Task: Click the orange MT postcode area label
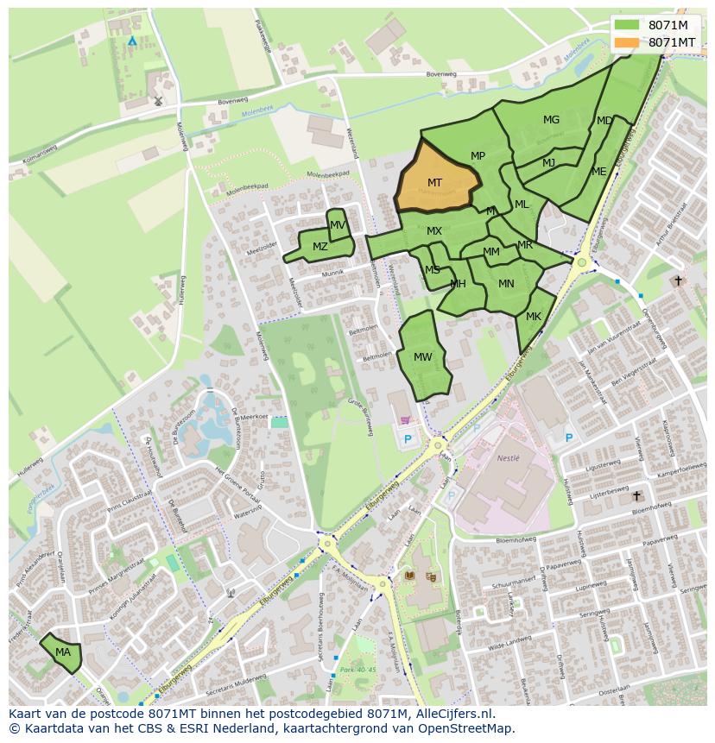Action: point(434,183)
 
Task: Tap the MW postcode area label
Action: point(423,357)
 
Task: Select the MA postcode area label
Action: point(63,652)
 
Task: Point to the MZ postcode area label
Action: point(320,247)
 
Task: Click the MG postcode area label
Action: point(551,120)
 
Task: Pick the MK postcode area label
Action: point(534,317)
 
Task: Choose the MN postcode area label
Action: point(506,283)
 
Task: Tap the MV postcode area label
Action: point(338,225)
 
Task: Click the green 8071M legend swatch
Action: point(627,25)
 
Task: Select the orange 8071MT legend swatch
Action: point(627,42)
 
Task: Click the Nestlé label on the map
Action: point(509,458)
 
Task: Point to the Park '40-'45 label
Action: point(359,670)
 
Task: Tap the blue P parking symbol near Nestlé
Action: point(568,438)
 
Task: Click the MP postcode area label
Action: point(478,156)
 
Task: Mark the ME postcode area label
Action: point(598,172)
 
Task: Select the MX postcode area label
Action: point(434,231)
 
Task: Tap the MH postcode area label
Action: point(458,284)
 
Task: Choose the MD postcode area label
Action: point(604,121)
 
